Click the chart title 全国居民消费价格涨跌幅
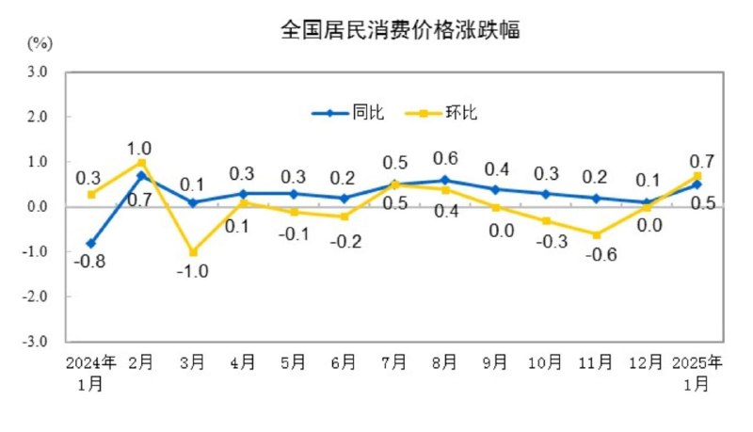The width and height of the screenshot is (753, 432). coord(400,30)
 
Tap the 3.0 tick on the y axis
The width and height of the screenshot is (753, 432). coord(38,72)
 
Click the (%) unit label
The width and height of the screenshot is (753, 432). coord(40,43)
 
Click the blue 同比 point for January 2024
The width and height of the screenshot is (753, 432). coord(91,243)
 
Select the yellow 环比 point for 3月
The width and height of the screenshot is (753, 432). coord(193,252)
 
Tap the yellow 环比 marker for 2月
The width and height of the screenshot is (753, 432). coord(142,163)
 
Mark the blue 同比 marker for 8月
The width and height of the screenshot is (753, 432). coord(444,180)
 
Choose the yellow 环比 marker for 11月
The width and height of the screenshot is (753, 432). coord(597,234)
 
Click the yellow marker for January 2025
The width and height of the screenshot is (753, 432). coord(697,176)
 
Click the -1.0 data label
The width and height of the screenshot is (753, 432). coord(192,272)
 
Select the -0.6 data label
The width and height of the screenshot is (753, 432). coord(596,254)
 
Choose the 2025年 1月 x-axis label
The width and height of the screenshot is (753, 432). coord(697,372)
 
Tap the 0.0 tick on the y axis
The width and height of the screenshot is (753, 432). coord(38,207)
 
